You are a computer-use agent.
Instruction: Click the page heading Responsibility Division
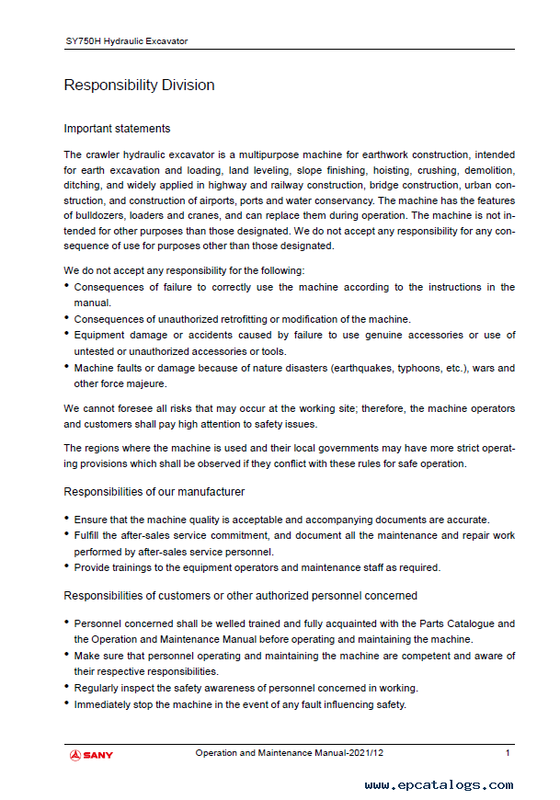pyautogui.click(x=139, y=86)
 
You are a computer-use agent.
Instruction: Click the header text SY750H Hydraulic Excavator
pyautogui.click(x=126, y=41)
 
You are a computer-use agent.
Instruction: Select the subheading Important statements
pyautogui.click(x=117, y=129)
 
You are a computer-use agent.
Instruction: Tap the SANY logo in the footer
pyautogui.click(x=91, y=755)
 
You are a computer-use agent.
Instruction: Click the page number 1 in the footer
pyautogui.click(x=508, y=753)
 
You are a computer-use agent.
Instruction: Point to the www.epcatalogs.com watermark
pyautogui.click(x=439, y=784)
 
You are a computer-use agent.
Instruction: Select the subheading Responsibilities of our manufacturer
pyautogui.click(x=154, y=492)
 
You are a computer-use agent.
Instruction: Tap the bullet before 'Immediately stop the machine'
pyautogui.click(x=66, y=704)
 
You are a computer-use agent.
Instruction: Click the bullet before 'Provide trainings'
pyautogui.click(x=66, y=567)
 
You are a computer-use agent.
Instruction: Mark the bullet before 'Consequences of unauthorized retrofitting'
pyautogui.click(x=66, y=319)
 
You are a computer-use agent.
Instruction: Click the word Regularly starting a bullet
pyautogui.click(x=97, y=688)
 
